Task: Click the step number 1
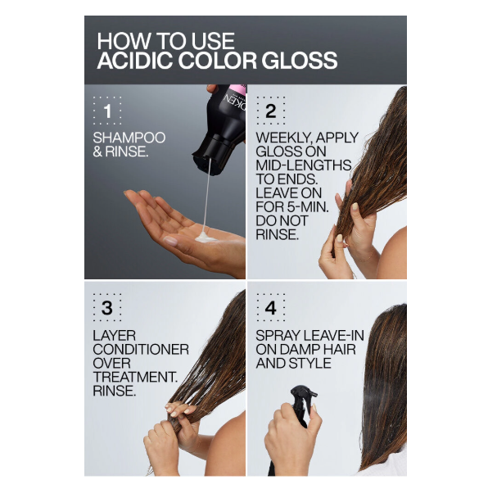(108, 111)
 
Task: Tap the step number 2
(271, 111)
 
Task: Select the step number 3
(107, 308)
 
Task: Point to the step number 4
(271, 308)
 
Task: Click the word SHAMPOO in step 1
(129, 138)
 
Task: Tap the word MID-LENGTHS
(303, 165)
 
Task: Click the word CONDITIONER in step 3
(141, 350)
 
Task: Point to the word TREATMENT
(135, 377)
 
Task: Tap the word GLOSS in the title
(300, 61)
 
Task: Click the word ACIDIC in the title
(135, 61)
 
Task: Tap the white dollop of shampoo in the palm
(205, 238)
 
